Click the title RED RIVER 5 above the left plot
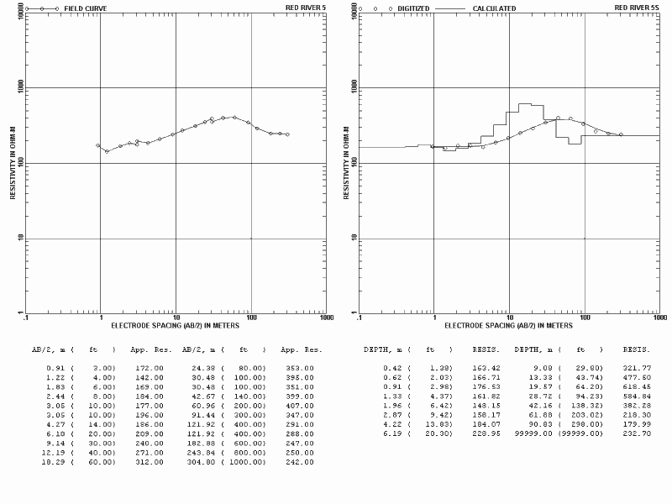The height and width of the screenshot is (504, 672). pyautogui.click(x=306, y=8)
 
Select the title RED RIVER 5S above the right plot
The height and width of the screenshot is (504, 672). pyautogui.click(x=637, y=8)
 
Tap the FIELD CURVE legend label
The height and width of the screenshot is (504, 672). pyautogui.click(x=86, y=8)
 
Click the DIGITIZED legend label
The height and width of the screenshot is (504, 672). pyautogui.click(x=413, y=8)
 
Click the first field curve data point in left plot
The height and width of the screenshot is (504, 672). pyautogui.click(x=98, y=145)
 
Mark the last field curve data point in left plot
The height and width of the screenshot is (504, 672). pyautogui.click(x=287, y=134)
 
